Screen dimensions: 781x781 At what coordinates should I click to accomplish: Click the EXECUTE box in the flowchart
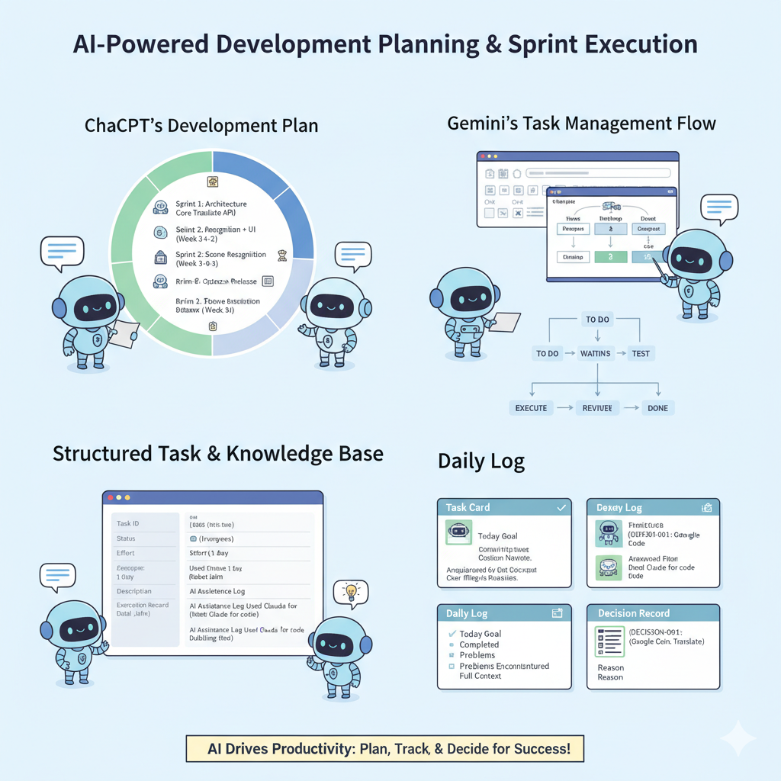[x=531, y=408]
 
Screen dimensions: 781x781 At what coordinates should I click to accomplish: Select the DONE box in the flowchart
[x=657, y=408]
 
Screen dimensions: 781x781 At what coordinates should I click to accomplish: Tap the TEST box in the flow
[x=641, y=354]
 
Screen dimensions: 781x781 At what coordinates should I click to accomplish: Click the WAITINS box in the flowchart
[x=596, y=354]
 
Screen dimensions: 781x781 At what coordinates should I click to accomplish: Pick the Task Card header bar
[x=504, y=507]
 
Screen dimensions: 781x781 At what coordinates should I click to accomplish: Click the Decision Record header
[x=653, y=613]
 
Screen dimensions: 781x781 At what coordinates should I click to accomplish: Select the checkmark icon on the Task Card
[x=561, y=507]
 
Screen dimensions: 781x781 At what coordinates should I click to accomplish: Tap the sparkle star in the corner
[x=738, y=738]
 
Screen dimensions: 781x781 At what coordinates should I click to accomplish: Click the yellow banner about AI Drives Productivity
[x=389, y=748]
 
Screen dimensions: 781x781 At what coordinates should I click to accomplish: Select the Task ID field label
[x=128, y=524]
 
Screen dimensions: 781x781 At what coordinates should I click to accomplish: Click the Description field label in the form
[x=134, y=591]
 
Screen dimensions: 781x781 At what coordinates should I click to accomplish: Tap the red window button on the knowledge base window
[x=111, y=497]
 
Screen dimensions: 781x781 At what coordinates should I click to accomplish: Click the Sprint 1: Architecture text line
[x=211, y=204]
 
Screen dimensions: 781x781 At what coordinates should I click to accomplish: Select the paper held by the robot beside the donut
[x=123, y=335]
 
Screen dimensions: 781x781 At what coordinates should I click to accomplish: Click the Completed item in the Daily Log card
[x=479, y=644]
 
